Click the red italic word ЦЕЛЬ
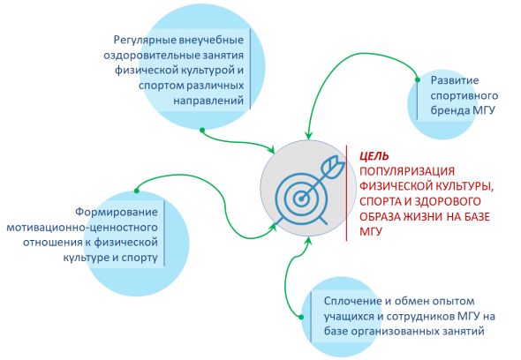pos(374,156)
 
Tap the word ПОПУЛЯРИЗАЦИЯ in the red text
pos(407,171)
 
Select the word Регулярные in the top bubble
pos(145,41)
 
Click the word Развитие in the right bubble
pos(455,80)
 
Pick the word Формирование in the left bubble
pos(117,212)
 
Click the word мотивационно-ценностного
pos(82,228)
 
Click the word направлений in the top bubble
pos(208,101)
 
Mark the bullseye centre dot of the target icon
pos(301,199)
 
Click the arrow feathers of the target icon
pos(333,167)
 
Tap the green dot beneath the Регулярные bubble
pos(202,131)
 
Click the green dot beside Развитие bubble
pos(418,79)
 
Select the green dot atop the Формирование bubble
pos(137,191)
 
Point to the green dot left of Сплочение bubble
pos(301,317)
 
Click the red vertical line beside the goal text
pos(346,193)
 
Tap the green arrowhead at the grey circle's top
pos(309,136)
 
